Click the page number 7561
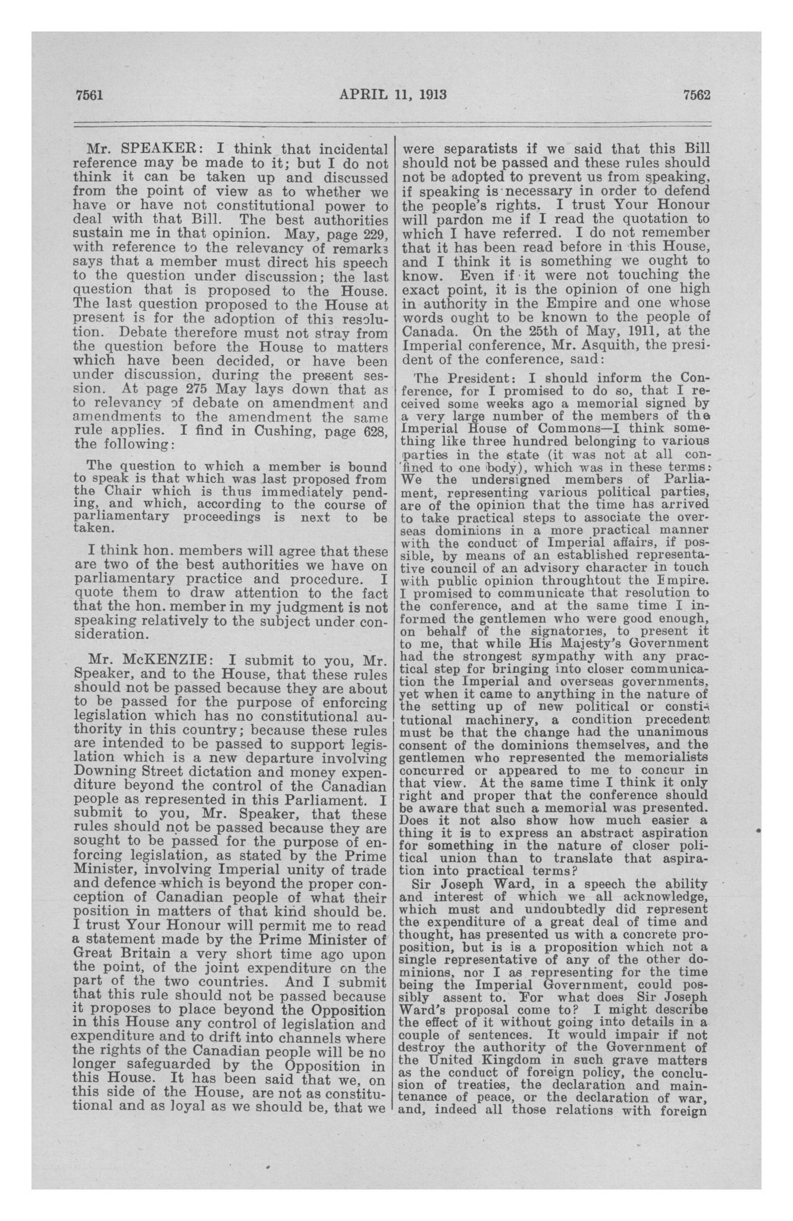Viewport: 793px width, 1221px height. (90, 95)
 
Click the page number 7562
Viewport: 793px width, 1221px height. (696, 95)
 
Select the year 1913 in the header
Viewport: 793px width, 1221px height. (430, 95)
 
